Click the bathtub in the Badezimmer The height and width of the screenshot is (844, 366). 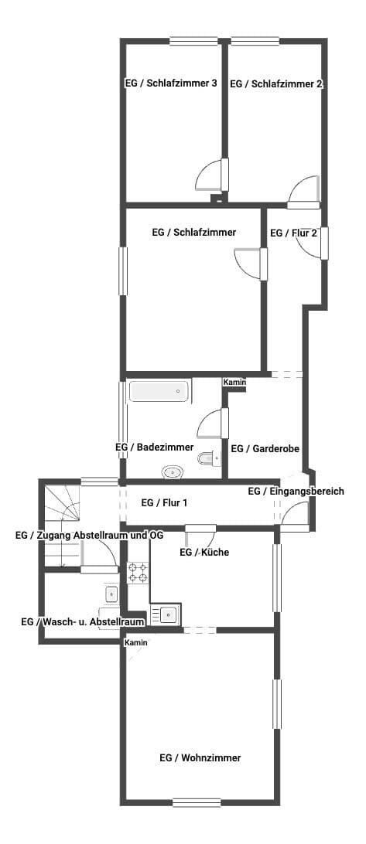pos(159,391)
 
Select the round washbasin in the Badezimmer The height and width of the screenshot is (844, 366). pos(173,472)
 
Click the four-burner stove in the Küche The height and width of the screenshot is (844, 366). pos(138,572)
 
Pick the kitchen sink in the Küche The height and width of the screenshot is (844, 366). pos(166,614)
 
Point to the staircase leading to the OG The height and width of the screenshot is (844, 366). pos(62,524)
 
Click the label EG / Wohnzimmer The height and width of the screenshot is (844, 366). pos(200,758)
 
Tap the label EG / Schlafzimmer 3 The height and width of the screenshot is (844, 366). pos(171,83)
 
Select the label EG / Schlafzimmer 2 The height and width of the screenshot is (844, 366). pos(276,84)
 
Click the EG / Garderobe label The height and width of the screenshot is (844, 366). pos(265,448)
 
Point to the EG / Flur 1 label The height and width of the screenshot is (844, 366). pos(164,503)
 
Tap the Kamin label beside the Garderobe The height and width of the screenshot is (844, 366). pos(235,383)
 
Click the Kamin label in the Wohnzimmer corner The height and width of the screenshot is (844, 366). pos(136,643)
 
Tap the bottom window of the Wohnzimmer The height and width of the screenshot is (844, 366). pos(197,802)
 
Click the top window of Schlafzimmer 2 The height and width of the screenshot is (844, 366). pos(255,41)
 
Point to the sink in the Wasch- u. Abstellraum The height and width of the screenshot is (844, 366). pos(111,594)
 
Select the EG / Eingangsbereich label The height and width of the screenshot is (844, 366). pos(296,492)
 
